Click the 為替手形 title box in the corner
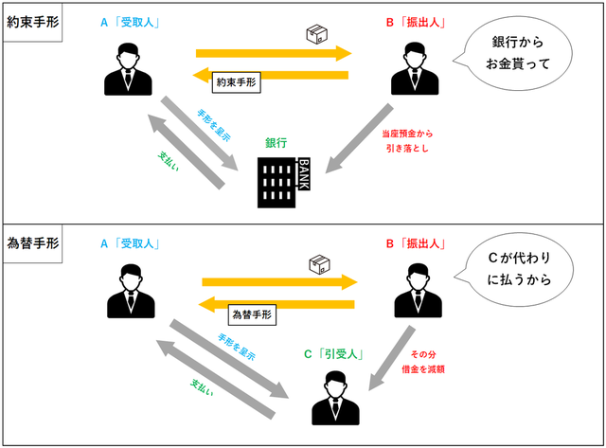click(31, 240)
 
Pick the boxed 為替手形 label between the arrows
click(252, 311)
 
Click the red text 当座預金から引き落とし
click(411, 141)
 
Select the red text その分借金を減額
click(435, 362)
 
